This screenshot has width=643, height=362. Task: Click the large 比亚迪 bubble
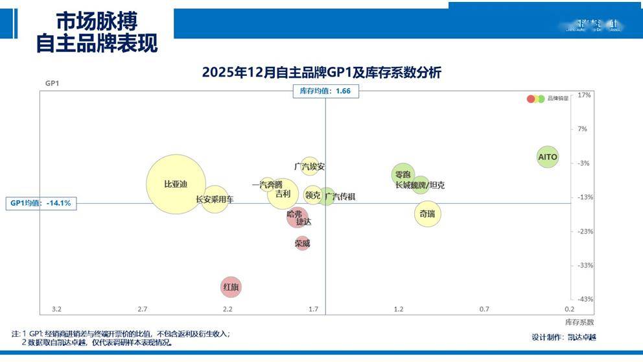click(176, 184)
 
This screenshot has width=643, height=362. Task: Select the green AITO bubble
click(548, 157)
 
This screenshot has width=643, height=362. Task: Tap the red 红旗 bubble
click(231, 286)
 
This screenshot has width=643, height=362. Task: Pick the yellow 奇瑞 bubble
click(427, 213)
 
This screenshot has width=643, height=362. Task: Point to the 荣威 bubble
click(302, 244)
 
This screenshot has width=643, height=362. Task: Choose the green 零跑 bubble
click(403, 174)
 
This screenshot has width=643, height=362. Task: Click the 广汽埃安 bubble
click(310, 167)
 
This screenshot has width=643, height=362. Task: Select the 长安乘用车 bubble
click(215, 199)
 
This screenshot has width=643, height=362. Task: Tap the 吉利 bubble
click(283, 193)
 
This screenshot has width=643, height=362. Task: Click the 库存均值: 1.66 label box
click(325, 91)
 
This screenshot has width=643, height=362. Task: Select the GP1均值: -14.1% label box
click(40, 203)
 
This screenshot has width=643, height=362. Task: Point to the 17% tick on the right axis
click(583, 95)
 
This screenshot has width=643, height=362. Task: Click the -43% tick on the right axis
click(585, 299)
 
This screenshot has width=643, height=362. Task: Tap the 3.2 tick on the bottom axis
click(56, 309)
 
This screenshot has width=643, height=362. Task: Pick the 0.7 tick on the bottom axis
click(484, 309)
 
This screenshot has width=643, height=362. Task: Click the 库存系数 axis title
click(579, 322)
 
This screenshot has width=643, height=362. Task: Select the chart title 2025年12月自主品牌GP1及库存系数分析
click(321, 73)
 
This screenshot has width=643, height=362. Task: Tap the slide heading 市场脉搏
click(97, 21)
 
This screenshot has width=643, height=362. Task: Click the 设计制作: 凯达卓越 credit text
click(563, 337)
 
